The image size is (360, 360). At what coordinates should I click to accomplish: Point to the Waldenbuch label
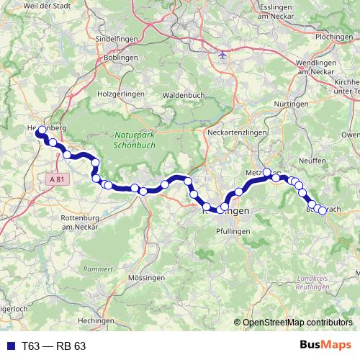[184, 95]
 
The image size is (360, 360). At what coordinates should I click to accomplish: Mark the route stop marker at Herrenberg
[42, 130]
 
